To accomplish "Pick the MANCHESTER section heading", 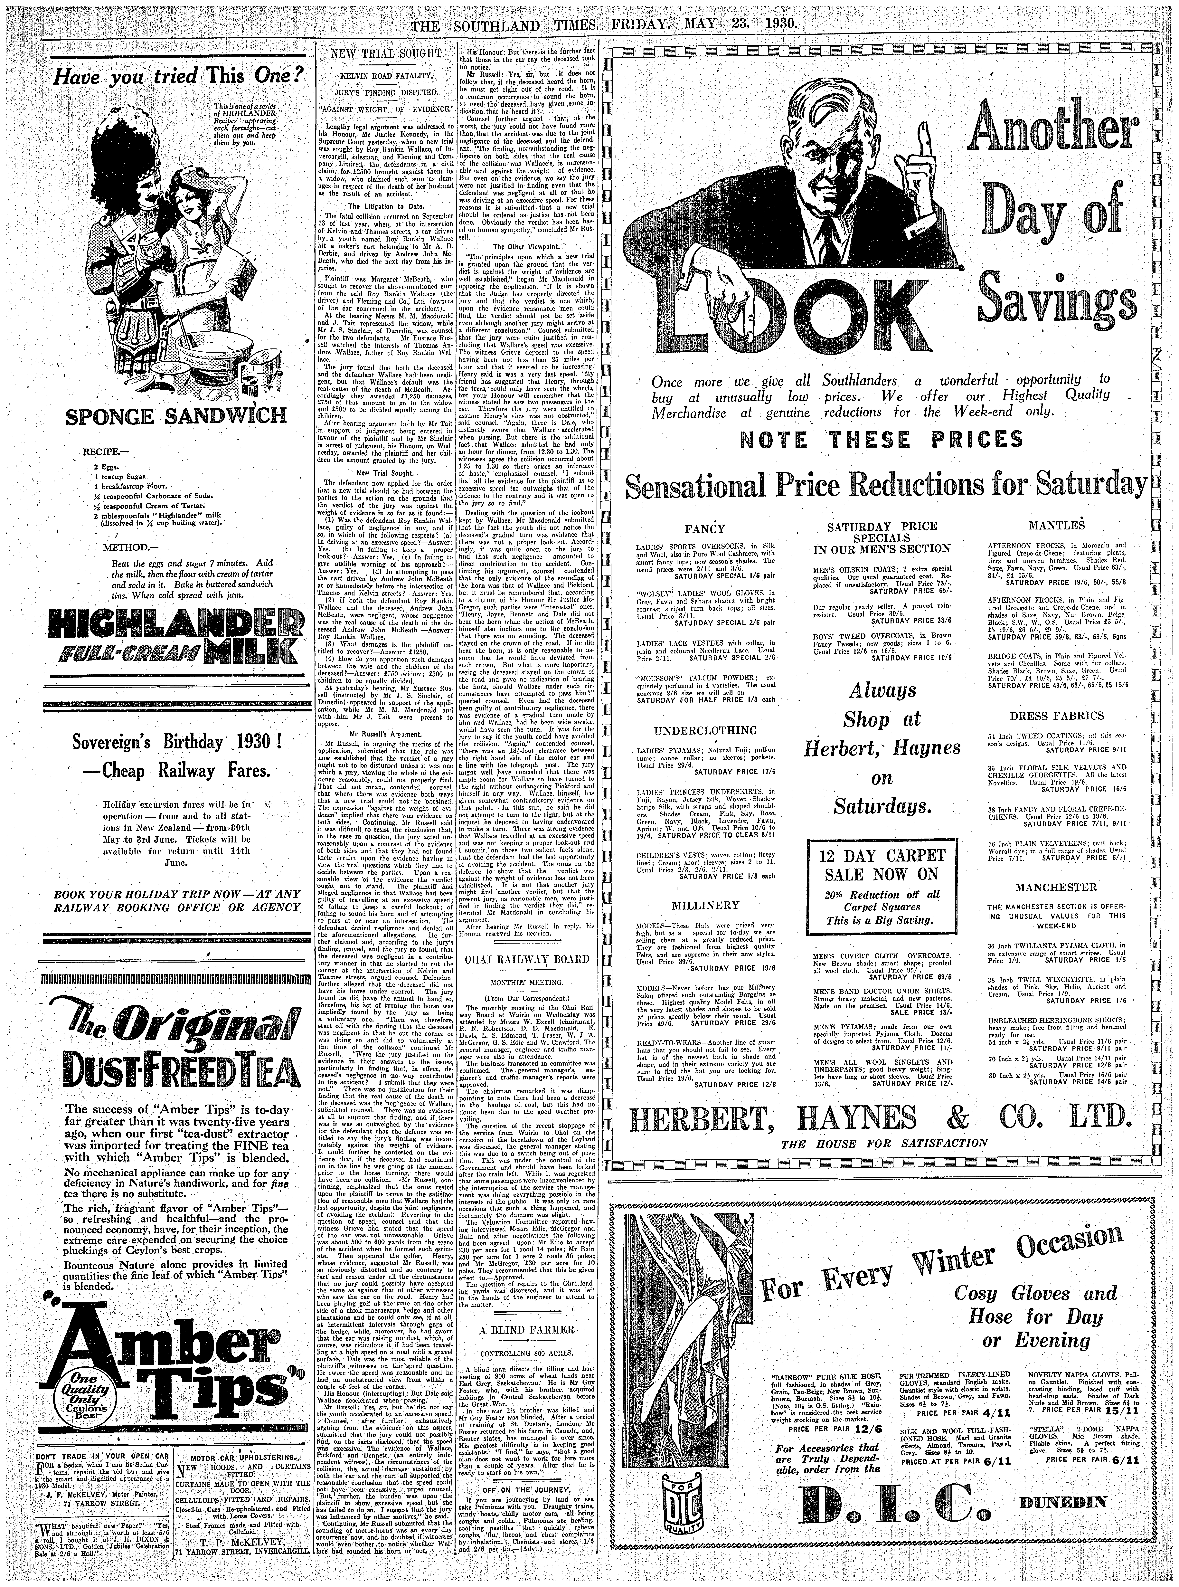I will click(x=1047, y=887).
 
